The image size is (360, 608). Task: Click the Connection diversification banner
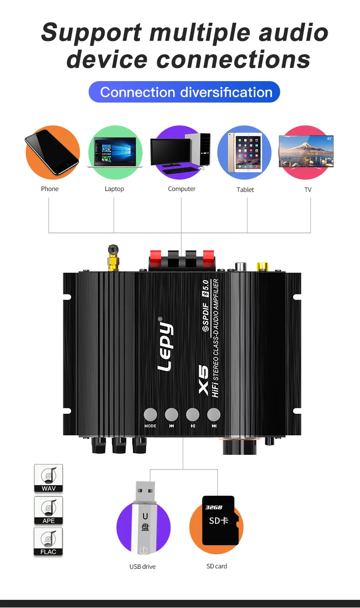coord(184,92)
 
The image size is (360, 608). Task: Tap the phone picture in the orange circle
coord(51,152)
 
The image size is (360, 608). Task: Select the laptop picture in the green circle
coord(115,152)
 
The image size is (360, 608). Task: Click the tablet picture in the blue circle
coord(245,152)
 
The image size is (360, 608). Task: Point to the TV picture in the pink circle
coord(306,151)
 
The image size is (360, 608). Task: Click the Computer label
coord(181,189)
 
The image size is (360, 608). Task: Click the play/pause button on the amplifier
coord(193,414)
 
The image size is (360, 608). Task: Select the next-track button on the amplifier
coord(214,414)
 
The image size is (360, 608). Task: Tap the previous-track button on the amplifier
coord(171,414)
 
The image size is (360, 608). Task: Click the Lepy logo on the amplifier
coord(165,346)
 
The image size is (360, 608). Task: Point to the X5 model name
coord(203,380)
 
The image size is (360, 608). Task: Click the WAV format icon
coord(48,478)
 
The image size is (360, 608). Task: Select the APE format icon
coord(48,510)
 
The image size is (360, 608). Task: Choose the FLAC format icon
coord(48,541)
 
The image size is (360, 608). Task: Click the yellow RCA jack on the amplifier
coord(262,266)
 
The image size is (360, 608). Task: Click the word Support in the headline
coord(91,33)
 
